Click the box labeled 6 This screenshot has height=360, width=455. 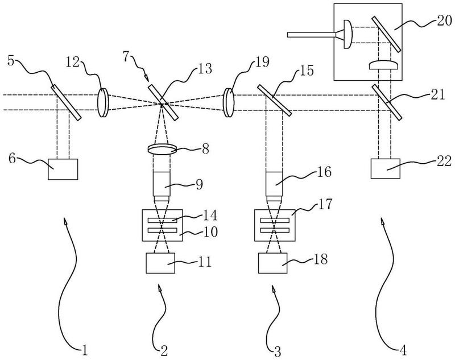coord(63,169)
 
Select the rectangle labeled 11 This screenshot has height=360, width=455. coord(160,263)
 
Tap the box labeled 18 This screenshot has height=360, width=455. coord(273,263)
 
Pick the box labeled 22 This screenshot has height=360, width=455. coord(386,168)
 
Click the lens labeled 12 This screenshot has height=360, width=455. coord(103,102)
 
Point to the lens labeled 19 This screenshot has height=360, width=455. coord(229,103)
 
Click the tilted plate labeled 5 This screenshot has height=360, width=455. coord(66,102)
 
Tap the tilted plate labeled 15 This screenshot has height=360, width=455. coord(274,100)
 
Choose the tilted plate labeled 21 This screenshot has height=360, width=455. coord(387,101)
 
